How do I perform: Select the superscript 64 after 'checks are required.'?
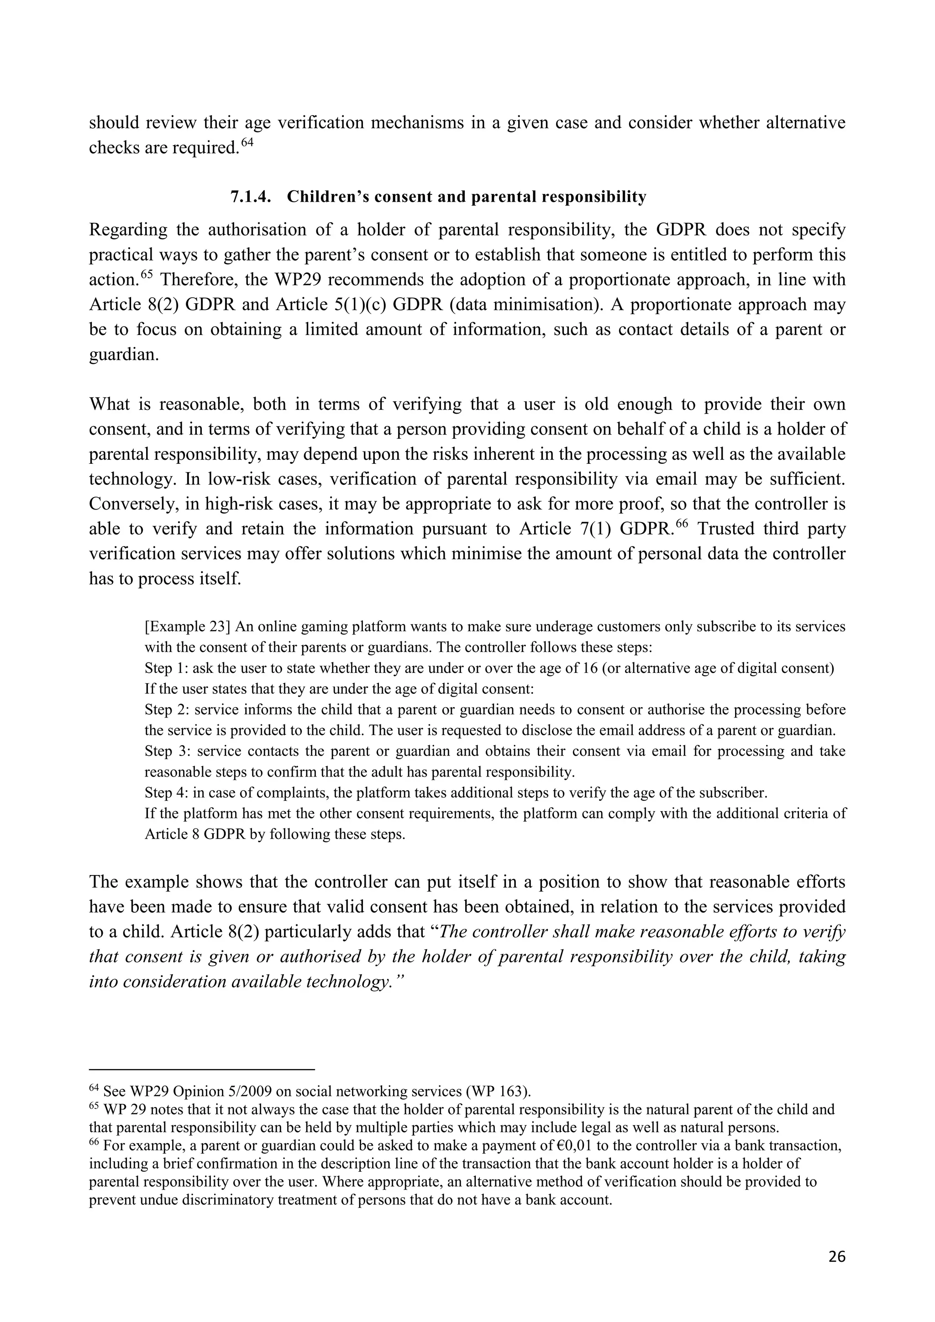(x=247, y=142)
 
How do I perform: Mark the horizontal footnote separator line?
(x=201, y=1070)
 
